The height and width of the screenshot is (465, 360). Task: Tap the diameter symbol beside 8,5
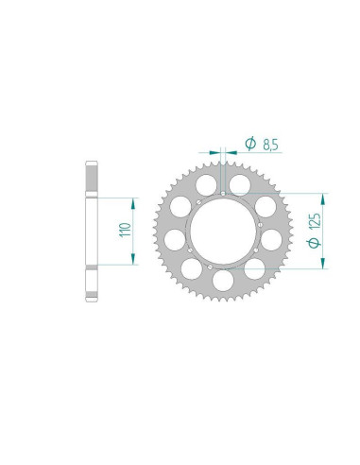pyautogui.click(x=250, y=144)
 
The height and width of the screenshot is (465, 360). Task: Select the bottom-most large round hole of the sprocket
pyautogui.click(x=224, y=281)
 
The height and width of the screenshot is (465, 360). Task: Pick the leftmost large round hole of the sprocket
pyautogui.click(x=172, y=231)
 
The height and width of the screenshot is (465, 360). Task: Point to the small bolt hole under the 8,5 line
pyautogui.click(x=222, y=191)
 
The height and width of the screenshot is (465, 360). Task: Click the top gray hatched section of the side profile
pyautogui.click(x=92, y=176)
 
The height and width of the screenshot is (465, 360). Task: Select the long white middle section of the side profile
pyautogui.click(x=92, y=232)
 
